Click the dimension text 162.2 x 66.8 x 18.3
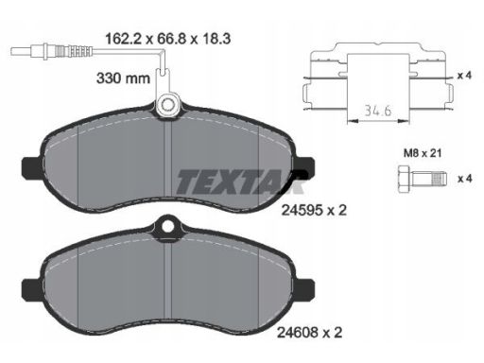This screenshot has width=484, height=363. tap(167, 39)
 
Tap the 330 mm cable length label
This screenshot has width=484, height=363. tap(123, 78)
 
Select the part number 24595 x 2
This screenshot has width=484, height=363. tap(314, 210)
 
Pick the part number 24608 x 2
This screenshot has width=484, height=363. tap(309, 332)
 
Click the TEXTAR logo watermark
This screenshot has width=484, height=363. tap(241, 181)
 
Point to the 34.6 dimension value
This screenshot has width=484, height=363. tap(378, 111)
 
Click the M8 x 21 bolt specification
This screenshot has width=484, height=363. tap(423, 153)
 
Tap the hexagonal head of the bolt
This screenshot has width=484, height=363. tap(404, 179)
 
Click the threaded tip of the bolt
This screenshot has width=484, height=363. tap(440, 179)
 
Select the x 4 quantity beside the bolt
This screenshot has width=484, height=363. tap(465, 179)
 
